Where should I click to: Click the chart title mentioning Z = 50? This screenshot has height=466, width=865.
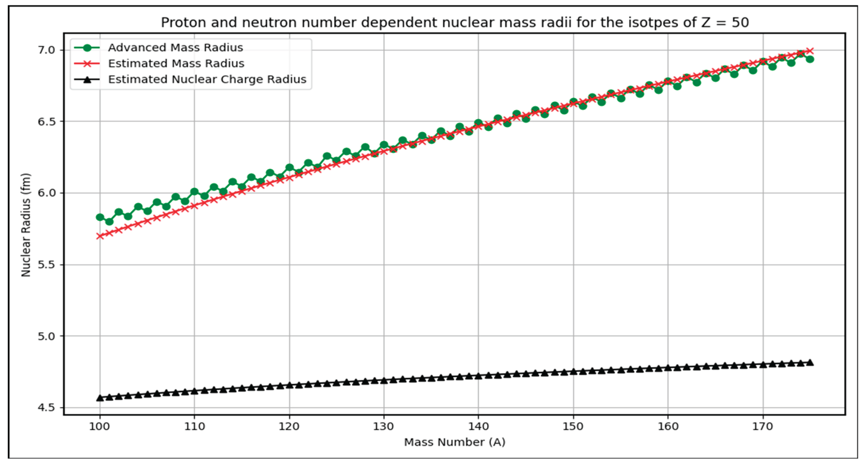pos(455,23)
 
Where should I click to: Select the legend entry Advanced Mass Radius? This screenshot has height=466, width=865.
pos(175,48)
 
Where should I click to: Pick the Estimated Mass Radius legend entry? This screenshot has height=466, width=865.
pos(176,63)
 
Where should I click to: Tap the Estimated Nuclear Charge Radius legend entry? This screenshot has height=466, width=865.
pos(207,80)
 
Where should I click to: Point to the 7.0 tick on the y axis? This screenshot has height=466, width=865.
pos(46,50)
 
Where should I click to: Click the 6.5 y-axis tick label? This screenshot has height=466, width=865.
pos(46,121)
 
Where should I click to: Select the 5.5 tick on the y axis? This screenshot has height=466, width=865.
pos(46,265)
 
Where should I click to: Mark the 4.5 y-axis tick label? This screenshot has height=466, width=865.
pos(46,408)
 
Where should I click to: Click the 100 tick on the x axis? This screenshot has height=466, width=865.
pos(100,427)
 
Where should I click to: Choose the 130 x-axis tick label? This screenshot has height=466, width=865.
pos(384,427)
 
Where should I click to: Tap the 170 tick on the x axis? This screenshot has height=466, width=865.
pos(763,427)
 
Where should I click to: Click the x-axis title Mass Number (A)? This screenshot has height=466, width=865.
pos(455,442)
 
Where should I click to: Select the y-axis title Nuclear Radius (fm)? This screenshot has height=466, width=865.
pos(26,225)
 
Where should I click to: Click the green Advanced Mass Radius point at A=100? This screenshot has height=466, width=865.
pos(100,217)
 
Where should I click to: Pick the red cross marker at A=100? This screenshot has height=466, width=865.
pos(100,236)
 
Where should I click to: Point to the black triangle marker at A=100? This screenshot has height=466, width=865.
pos(100,398)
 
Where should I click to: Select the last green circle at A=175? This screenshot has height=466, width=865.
pos(810,59)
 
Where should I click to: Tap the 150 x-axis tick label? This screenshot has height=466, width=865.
pos(573,427)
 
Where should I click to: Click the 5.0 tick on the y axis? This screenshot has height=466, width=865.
pos(46,336)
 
